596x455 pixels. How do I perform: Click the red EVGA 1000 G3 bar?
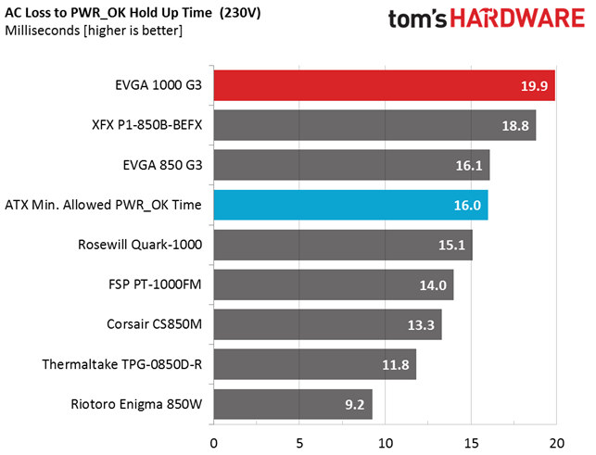click(x=385, y=85)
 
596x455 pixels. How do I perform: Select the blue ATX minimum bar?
click(x=351, y=205)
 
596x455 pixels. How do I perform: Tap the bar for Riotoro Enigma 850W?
click(x=293, y=404)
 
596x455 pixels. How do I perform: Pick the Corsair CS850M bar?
click(x=327, y=324)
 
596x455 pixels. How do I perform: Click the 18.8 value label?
click(x=515, y=126)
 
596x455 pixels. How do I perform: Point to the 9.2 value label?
click(x=355, y=404)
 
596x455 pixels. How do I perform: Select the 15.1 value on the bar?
click(x=451, y=246)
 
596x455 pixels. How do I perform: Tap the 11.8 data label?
click(x=395, y=365)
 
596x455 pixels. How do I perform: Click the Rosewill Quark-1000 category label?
click(x=140, y=245)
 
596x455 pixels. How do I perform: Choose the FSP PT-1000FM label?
click(x=155, y=284)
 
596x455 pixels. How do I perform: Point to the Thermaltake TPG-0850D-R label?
click(x=122, y=364)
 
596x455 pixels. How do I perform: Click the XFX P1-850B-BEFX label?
click(x=147, y=125)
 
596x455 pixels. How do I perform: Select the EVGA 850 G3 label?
click(x=163, y=165)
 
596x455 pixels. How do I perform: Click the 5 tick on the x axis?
click(x=299, y=443)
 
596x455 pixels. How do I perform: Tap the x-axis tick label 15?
click(x=471, y=443)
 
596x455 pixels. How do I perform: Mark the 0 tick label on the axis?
click(x=213, y=443)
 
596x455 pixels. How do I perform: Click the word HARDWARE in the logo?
click(x=518, y=18)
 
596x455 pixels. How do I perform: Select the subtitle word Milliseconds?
click(x=43, y=31)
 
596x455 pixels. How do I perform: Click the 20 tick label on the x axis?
click(x=556, y=443)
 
